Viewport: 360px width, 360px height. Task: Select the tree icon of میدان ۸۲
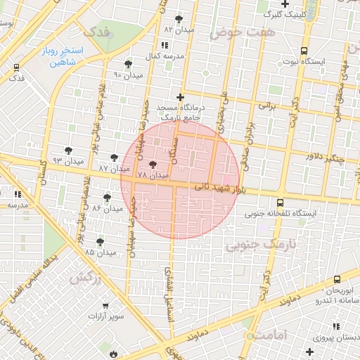coord(179,19)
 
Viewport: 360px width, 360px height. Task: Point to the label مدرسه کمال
coord(169,55)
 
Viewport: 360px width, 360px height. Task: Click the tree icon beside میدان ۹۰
coord(127,63)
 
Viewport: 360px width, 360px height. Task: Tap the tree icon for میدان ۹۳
coord(68,150)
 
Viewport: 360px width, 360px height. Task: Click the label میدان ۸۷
coord(114,169)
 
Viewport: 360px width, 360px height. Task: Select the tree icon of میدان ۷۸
coord(153,164)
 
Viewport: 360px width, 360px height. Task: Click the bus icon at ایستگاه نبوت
coord(303,51)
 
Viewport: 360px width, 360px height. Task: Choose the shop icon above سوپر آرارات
coord(105,305)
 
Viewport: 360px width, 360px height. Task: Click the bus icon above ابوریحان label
coord(337,279)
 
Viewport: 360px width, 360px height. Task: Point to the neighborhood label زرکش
coord(87,276)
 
